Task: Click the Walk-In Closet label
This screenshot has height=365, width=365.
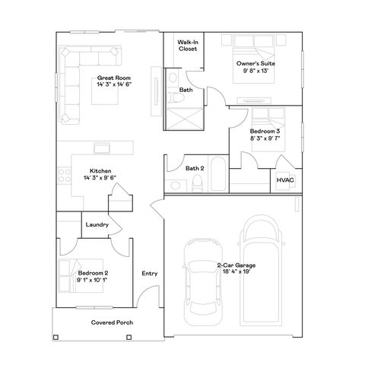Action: [x=188, y=45]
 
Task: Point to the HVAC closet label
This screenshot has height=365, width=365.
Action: [x=285, y=180]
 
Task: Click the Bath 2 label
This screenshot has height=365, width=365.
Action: [x=194, y=168]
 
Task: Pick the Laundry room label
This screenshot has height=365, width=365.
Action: [x=97, y=224]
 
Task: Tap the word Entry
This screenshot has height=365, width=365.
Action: [x=149, y=274]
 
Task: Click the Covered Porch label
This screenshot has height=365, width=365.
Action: [x=112, y=322]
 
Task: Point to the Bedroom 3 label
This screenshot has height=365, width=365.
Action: [x=265, y=132]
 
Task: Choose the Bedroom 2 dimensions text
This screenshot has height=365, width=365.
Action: [x=92, y=280]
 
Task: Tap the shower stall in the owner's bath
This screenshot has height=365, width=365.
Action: [x=186, y=118]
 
